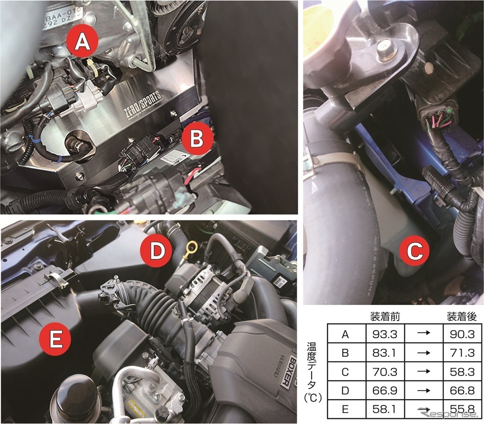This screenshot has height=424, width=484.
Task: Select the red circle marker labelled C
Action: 415,252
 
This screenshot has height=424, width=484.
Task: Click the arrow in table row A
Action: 422,334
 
